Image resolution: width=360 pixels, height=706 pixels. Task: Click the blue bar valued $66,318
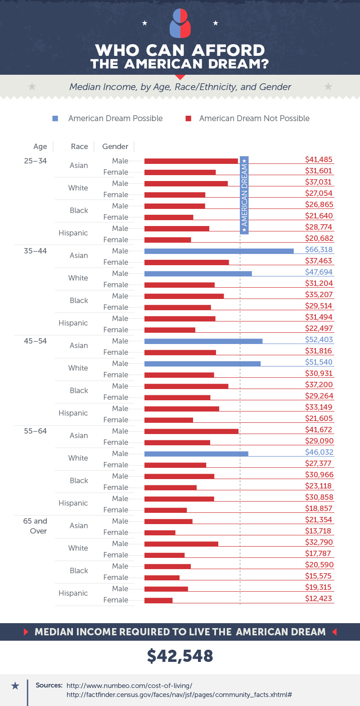click(x=219, y=251)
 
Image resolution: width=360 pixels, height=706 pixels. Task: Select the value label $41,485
click(x=319, y=159)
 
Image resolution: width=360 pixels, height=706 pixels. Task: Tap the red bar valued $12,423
click(x=158, y=600)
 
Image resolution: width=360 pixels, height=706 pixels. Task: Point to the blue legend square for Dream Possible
click(x=55, y=118)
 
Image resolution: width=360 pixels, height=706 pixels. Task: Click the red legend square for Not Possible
click(x=189, y=118)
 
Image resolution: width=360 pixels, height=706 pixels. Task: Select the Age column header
click(x=40, y=146)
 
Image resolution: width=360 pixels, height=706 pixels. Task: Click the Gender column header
click(x=115, y=146)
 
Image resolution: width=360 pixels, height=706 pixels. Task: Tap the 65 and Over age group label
click(x=35, y=526)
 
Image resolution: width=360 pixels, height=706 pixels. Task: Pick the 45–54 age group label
click(x=35, y=341)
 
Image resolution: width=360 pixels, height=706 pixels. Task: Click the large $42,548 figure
click(x=180, y=656)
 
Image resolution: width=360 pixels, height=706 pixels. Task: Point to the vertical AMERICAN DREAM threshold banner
click(x=244, y=195)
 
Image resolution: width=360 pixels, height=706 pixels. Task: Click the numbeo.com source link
click(x=129, y=685)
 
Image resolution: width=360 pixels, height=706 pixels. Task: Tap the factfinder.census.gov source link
click(x=179, y=695)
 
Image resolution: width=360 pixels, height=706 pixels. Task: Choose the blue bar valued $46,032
click(x=196, y=453)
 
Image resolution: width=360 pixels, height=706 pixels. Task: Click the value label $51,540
click(x=319, y=362)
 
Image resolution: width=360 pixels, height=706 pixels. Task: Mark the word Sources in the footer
click(x=49, y=685)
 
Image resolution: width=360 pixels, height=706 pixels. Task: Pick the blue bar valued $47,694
click(x=198, y=273)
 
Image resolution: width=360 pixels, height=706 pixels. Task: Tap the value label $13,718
click(x=319, y=531)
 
